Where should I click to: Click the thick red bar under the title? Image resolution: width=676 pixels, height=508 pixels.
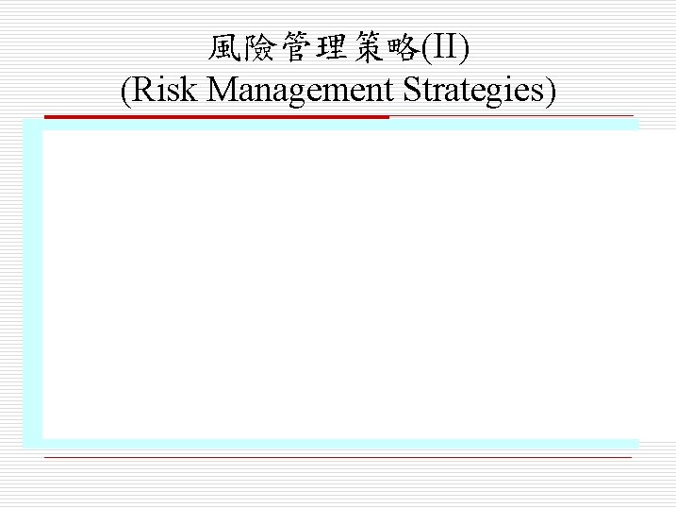click(216, 117)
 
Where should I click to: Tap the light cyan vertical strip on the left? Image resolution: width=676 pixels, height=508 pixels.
click(32, 283)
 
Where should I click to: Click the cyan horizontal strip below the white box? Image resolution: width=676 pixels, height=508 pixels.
click(339, 443)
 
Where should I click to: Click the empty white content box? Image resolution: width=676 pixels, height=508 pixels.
click(339, 283)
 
